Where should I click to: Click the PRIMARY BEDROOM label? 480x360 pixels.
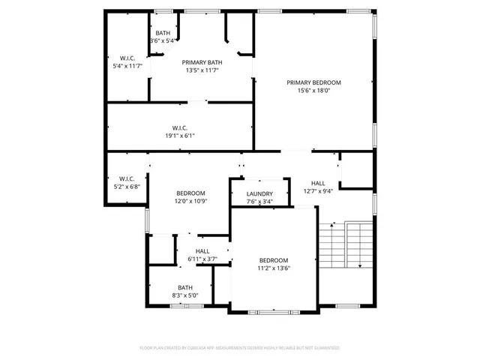tap(313, 82)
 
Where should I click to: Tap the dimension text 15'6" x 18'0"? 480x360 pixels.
tap(313, 91)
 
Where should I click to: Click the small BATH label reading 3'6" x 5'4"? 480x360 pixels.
tap(163, 33)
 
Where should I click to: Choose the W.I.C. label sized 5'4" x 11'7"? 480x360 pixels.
tap(127, 58)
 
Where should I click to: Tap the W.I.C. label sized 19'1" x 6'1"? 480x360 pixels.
tap(179, 127)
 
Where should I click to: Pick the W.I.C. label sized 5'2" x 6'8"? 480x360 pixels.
tap(127, 178)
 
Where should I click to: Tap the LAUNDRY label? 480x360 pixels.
tap(259, 194)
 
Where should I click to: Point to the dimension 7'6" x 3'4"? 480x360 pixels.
tap(259, 202)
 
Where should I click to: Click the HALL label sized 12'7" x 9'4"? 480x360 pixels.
tap(318, 183)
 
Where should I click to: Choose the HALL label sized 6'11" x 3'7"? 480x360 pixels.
tap(202, 251)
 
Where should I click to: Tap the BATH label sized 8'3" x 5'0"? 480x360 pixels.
tap(184, 287)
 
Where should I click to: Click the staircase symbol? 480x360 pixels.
tap(345, 246)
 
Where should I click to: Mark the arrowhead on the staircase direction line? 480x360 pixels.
tap(360, 265)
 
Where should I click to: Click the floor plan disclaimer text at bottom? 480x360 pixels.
tap(240, 348)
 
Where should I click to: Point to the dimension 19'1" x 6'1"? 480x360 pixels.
tap(179, 136)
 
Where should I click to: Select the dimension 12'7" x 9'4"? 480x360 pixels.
tap(318, 191)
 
